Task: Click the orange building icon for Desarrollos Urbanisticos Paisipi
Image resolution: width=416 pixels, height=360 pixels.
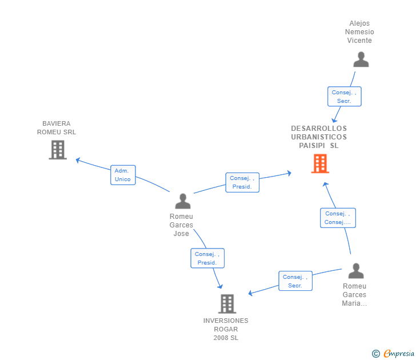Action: click(320, 163)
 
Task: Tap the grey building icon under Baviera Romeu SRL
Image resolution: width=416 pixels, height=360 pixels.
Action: click(58, 150)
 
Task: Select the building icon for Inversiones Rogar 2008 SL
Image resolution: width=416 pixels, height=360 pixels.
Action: click(227, 303)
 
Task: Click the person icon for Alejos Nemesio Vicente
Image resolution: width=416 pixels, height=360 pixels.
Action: click(361, 59)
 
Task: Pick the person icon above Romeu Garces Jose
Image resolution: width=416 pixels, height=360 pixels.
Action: click(182, 201)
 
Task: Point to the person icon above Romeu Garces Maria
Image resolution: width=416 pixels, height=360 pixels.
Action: click(355, 271)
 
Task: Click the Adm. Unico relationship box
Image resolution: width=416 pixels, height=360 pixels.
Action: click(123, 175)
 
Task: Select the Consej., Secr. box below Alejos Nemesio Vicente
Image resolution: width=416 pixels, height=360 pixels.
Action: click(344, 97)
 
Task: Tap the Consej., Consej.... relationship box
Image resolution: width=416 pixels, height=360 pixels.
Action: click(338, 218)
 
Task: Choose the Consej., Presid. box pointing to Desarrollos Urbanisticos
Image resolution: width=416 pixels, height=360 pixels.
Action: click(242, 182)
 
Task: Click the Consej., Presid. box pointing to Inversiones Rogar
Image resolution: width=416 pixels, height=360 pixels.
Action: click(207, 258)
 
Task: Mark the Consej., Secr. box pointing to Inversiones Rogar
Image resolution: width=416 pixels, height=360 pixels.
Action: click(295, 281)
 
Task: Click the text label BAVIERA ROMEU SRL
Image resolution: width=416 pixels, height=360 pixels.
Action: click(57, 127)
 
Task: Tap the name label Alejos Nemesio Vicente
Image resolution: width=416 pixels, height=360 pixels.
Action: click(359, 32)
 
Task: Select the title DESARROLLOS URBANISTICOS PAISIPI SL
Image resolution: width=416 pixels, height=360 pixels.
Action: click(319, 137)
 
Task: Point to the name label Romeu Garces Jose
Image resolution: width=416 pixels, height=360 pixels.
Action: click(182, 225)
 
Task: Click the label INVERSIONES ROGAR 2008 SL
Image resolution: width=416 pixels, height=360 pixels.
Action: click(226, 329)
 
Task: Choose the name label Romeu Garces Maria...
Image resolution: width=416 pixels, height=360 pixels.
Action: click(354, 295)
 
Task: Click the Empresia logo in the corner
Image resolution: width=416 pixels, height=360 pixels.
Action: click(399, 354)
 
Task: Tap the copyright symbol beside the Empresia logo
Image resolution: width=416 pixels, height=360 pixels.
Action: click(376, 354)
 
